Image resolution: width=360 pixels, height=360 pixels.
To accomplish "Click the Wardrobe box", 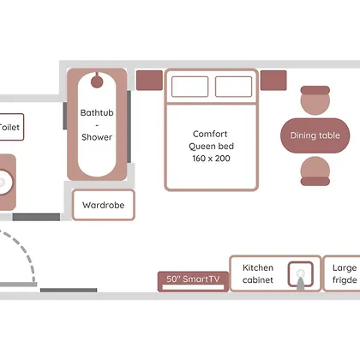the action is (104, 205).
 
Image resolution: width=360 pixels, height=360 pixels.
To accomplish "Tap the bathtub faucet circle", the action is (97, 81).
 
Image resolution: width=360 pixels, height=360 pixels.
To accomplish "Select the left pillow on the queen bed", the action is (189, 87).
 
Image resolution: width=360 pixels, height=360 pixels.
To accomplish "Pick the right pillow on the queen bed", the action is (233, 87).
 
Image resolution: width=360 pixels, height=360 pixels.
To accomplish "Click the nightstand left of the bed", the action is (149, 81).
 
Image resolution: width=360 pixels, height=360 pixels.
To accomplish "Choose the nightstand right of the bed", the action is (273, 81).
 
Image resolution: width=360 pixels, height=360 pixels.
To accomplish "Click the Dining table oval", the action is (315, 135).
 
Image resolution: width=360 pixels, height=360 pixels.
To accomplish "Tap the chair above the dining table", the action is (315, 100).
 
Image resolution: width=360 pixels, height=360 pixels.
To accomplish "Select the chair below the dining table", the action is (315, 171).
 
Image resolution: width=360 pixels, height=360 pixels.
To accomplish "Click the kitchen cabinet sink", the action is (300, 274).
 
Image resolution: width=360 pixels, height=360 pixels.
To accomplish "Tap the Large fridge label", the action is (345, 273).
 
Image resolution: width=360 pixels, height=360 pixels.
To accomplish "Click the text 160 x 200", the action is (211, 159).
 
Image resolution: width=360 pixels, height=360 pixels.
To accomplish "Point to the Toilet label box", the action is (10, 127).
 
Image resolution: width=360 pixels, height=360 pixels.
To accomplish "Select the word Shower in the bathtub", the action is (97, 137).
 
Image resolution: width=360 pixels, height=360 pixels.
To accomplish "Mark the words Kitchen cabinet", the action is (258, 273).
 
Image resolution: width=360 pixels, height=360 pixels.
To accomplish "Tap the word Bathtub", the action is (97, 112).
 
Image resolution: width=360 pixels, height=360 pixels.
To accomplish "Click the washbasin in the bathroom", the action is (6, 183).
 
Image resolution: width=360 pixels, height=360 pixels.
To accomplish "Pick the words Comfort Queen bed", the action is (211, 140).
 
